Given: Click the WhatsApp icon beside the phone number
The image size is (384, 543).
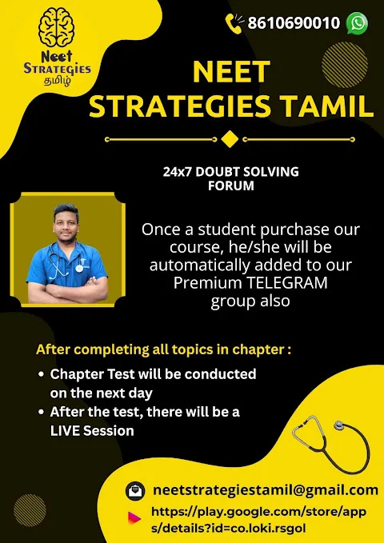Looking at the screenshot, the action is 357,23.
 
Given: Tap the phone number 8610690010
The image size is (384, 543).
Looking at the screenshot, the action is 294,23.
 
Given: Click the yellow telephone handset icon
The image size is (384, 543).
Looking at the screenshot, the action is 234,23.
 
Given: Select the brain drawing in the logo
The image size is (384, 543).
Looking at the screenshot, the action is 57,28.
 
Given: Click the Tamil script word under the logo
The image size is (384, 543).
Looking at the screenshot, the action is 57,81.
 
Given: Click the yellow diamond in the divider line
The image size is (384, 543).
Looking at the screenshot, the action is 230,139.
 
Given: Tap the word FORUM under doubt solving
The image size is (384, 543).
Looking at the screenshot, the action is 231,186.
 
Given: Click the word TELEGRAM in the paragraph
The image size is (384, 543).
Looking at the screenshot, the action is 287,282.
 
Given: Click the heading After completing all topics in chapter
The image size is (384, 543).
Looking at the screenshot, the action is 163,349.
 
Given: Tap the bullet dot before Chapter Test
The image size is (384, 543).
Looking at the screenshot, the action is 42,374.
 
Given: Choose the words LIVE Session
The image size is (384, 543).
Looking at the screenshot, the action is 92,431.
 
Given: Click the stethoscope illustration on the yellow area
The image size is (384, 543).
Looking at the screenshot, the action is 331,444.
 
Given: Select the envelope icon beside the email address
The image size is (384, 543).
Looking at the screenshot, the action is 135,491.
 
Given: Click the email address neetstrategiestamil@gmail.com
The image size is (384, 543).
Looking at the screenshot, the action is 265,490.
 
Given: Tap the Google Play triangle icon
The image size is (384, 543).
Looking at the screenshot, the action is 134,518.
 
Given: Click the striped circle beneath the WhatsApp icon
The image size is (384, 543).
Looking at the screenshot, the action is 344,65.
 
